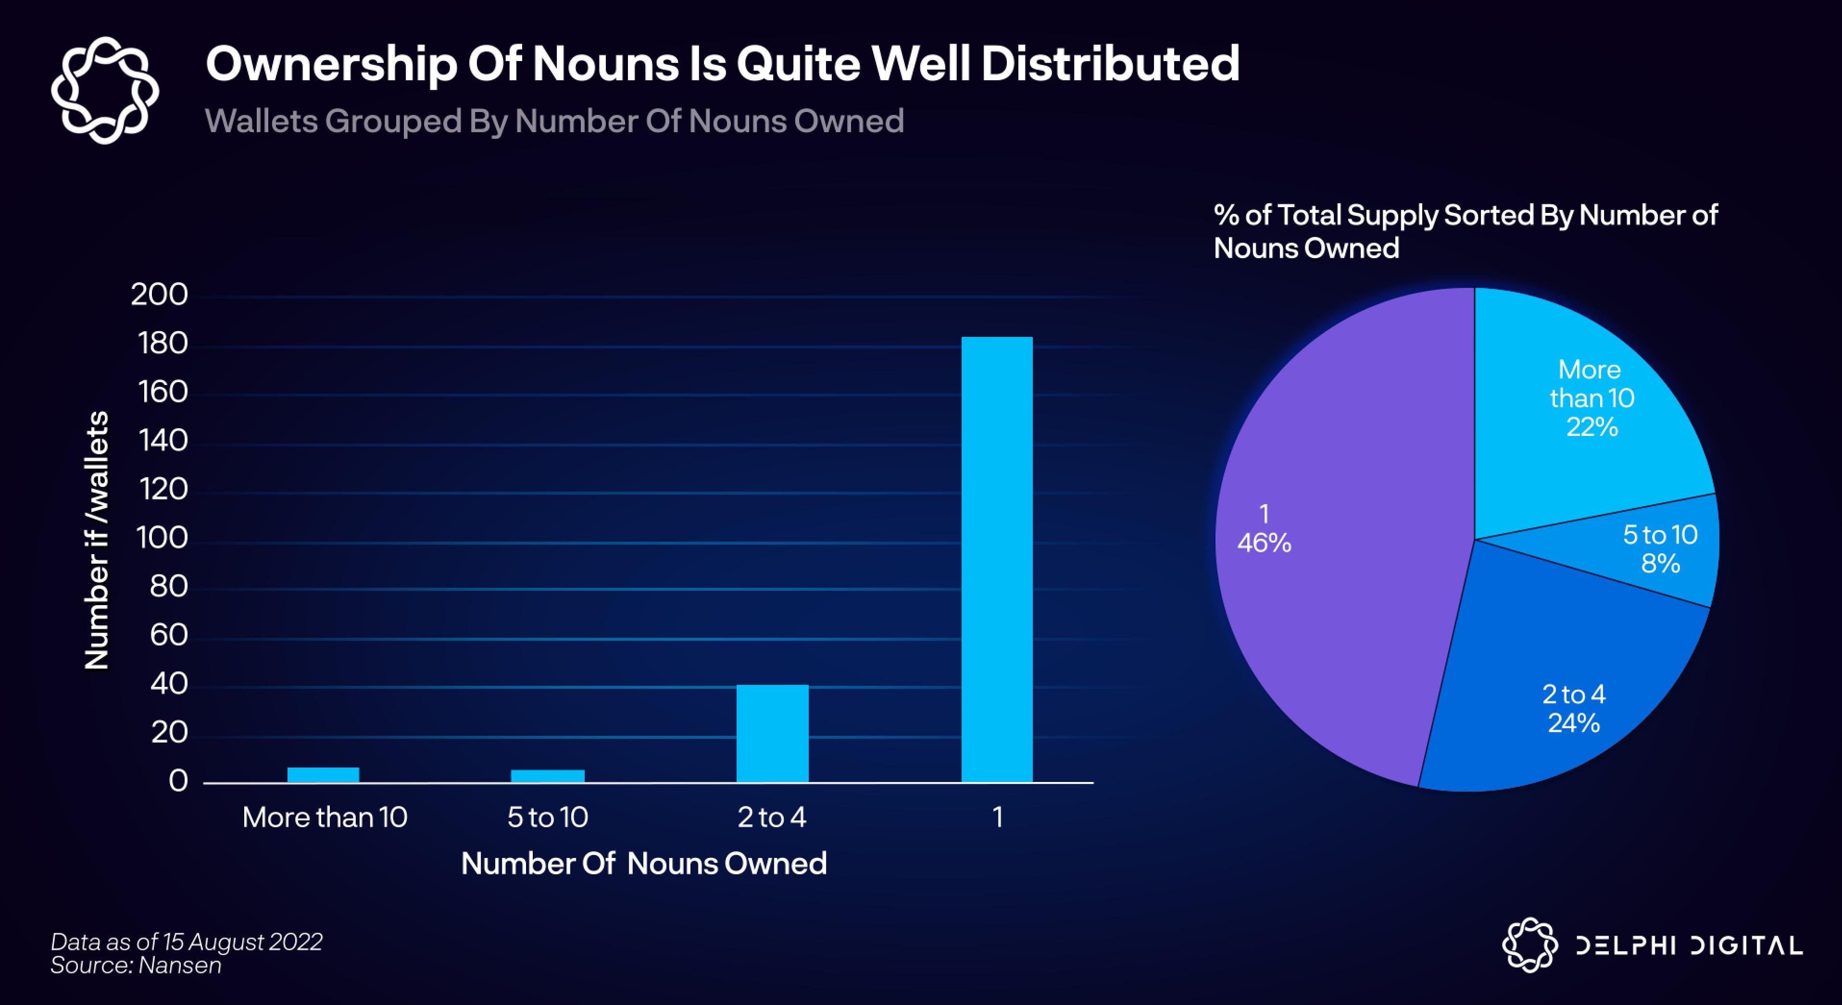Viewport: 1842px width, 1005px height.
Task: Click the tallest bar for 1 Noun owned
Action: pos(997,559)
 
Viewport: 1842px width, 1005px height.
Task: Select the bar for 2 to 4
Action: pos(772,733)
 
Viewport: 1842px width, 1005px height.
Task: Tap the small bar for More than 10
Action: pos(323,775)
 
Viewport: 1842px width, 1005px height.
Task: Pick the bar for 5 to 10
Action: pos(548,776)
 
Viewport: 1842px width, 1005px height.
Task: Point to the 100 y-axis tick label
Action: pos(162,537)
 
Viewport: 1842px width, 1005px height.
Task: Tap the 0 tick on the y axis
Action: pos(178,782)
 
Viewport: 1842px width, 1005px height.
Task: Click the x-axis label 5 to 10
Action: pos(548,817)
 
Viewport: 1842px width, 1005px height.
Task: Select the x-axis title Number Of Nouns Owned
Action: pos(643,864)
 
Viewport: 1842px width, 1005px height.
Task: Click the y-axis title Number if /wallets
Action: pos(97,540)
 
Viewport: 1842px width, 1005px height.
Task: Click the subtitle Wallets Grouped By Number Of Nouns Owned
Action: pos(554,121)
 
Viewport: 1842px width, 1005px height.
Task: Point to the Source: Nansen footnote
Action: pos(136,966)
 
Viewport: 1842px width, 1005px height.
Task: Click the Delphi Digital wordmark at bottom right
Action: pos(1689,946)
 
